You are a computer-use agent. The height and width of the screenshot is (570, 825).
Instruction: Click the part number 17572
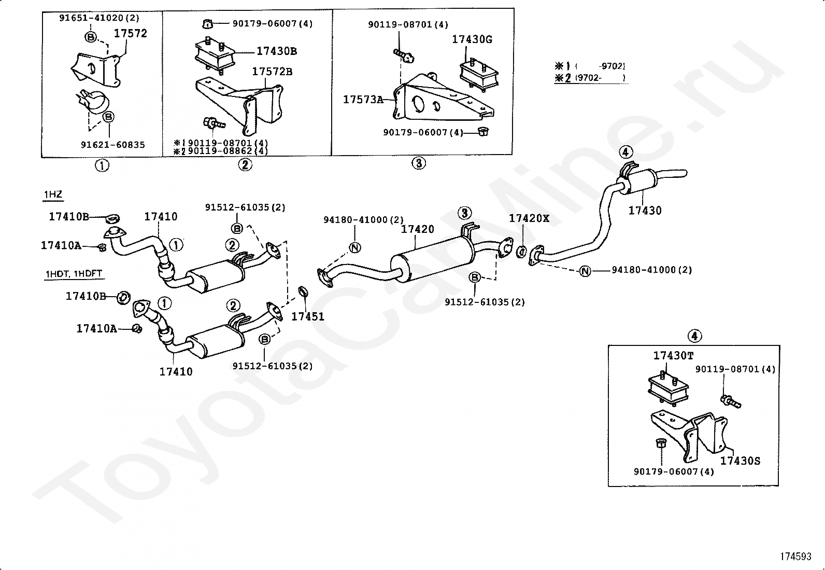click(x=131, y=34)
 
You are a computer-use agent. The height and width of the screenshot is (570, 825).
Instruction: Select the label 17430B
click(x=277, y=51)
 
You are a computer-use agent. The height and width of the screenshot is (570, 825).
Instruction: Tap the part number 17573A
click(x=363, y=100)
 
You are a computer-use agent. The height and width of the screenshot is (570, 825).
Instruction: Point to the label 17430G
click(x=472, y=39)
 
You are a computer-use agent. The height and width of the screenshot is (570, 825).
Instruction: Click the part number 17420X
click(x=529, y=219)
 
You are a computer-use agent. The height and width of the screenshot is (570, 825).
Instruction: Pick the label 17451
click(x=308, y=317)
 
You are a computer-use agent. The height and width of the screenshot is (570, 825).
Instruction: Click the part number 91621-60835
click(x=112, y=145)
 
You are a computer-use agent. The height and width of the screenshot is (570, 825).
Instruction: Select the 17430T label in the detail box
click(x=673, y=356)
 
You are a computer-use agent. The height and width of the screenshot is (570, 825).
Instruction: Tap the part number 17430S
click(x=740, y=461)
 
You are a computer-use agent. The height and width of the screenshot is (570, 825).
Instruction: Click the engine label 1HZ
click(x=53, y=194)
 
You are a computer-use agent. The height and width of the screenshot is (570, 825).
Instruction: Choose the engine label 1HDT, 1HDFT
click(x=73, y=274)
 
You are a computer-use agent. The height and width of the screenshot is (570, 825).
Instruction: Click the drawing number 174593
click(x=795, y=557)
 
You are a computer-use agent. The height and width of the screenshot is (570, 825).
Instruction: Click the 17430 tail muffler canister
click(x=636, y=182)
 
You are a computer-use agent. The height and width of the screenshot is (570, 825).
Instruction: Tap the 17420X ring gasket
click(x=521, y=252)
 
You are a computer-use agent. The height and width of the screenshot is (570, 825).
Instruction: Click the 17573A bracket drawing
click(x=444, y=98)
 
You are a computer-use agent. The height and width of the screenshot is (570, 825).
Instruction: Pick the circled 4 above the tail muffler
click(x=625, y=151)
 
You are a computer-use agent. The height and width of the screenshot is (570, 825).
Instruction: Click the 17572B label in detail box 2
click(x=272, y=72)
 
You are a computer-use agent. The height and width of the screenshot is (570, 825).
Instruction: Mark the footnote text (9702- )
click(x=599, y=78)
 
